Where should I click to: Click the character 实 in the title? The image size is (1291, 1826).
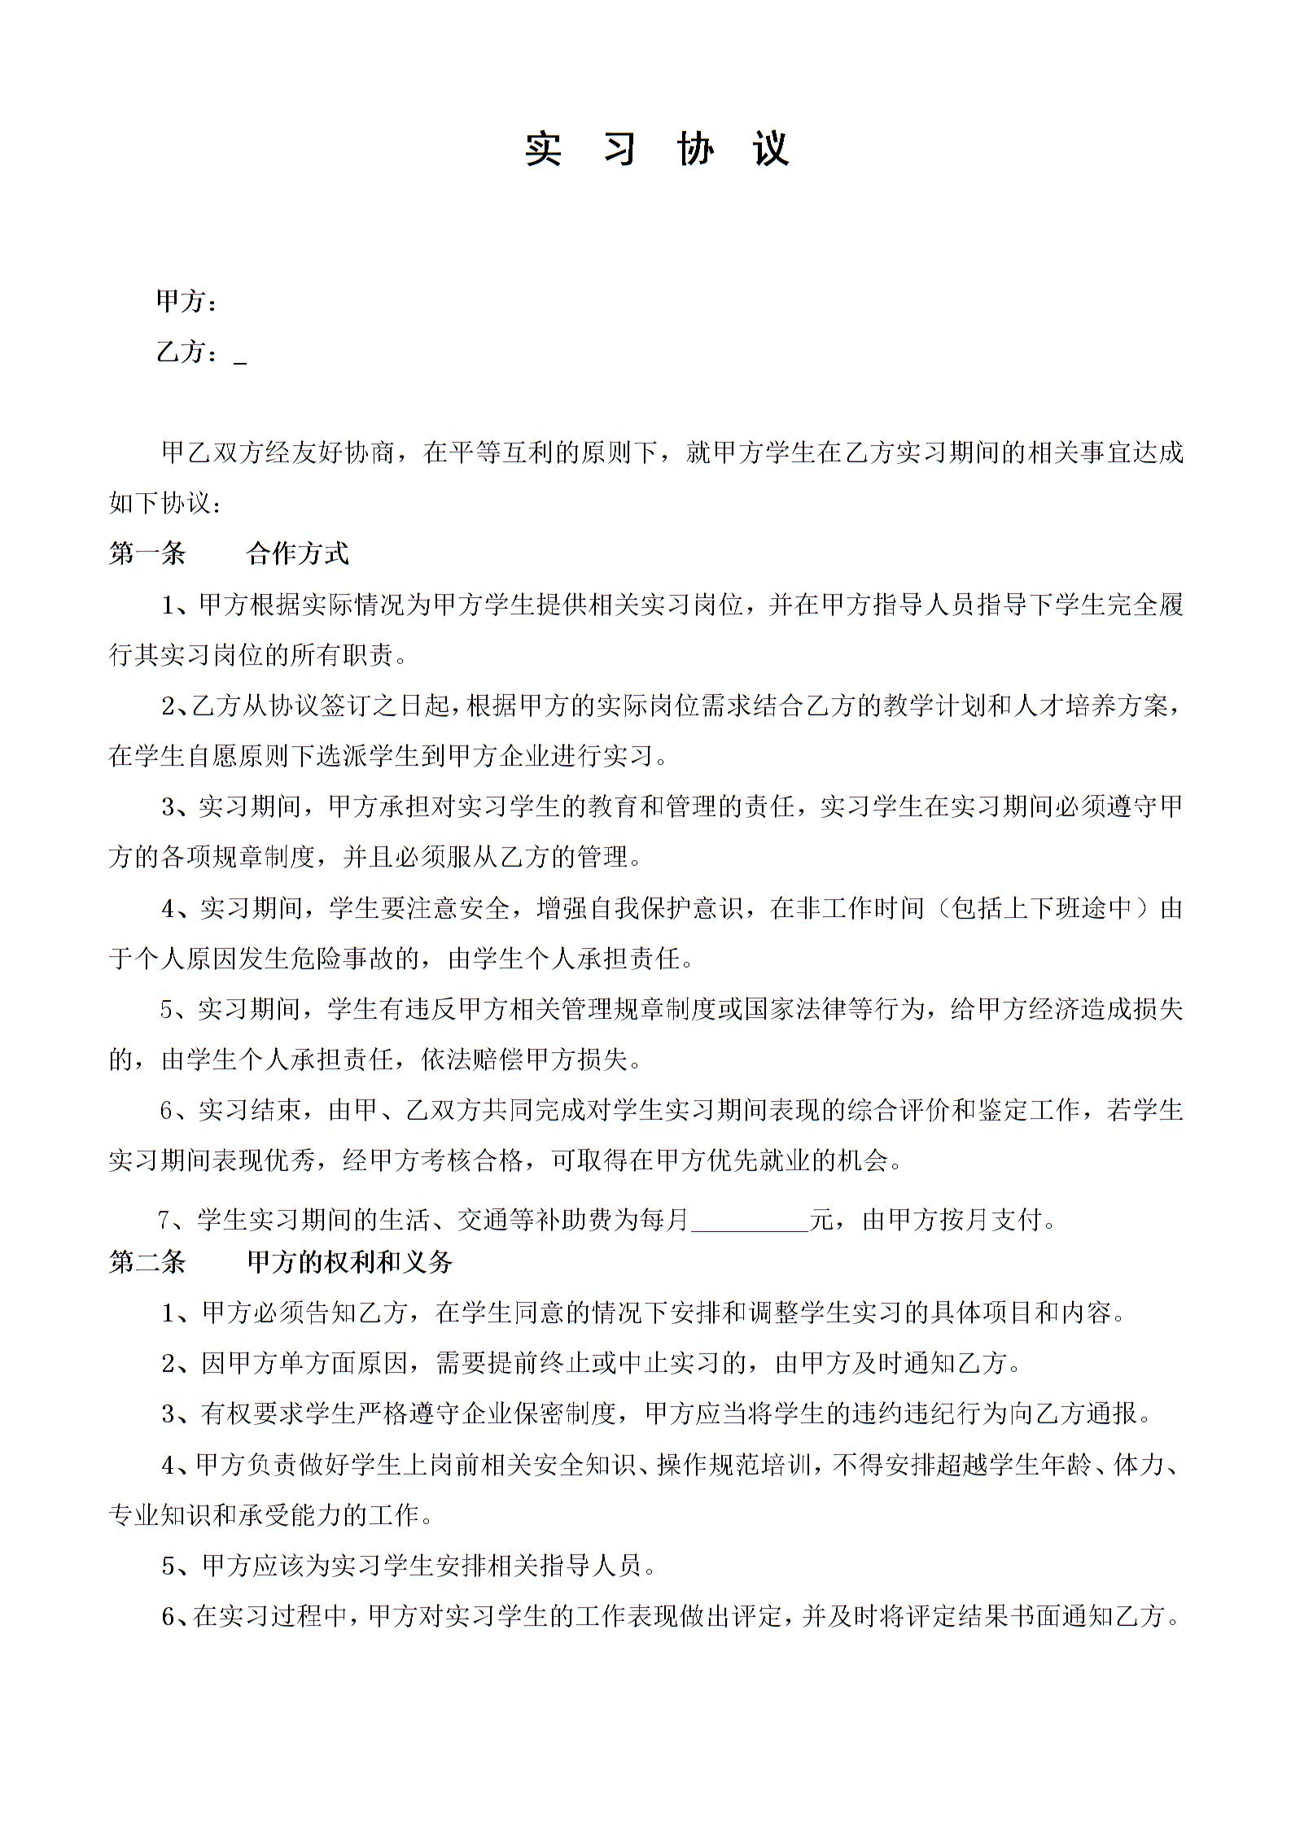[543, 149]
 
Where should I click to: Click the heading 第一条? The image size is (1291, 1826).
[147, 554]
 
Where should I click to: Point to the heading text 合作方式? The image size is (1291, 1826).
[298, 554]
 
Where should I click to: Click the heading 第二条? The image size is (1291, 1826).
[147, 1262]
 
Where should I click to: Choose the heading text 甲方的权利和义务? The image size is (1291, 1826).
[350, 1262]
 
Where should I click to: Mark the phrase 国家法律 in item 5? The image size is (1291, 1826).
[794, 1009]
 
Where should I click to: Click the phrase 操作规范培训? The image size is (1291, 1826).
[733, 1465]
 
